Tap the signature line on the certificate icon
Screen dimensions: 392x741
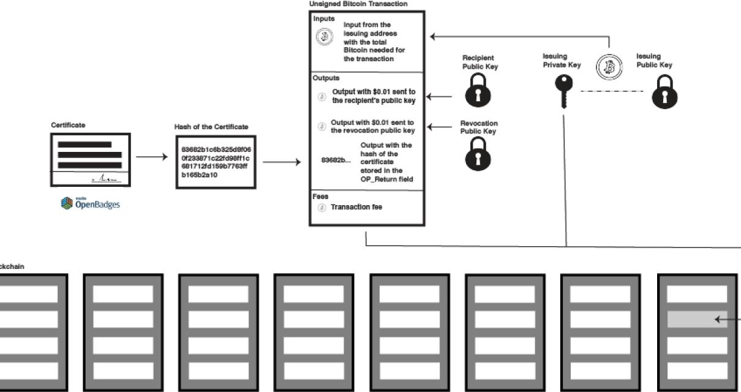107,179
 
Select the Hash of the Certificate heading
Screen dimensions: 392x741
211,127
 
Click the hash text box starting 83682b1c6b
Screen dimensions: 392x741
216,162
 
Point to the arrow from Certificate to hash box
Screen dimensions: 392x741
152,157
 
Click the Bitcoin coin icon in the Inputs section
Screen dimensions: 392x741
324,37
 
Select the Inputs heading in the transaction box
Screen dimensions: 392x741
324,18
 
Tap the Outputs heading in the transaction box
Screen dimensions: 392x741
326,78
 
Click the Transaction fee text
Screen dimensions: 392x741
356,208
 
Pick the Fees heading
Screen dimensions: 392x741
320,197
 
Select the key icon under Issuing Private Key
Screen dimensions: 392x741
563,91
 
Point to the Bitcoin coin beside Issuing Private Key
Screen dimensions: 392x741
609,66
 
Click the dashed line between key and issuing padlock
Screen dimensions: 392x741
612,91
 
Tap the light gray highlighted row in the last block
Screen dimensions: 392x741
696,319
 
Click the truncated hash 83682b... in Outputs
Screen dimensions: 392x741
336,160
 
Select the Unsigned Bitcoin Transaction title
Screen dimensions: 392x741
358,4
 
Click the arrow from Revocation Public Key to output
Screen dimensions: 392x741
438,127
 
